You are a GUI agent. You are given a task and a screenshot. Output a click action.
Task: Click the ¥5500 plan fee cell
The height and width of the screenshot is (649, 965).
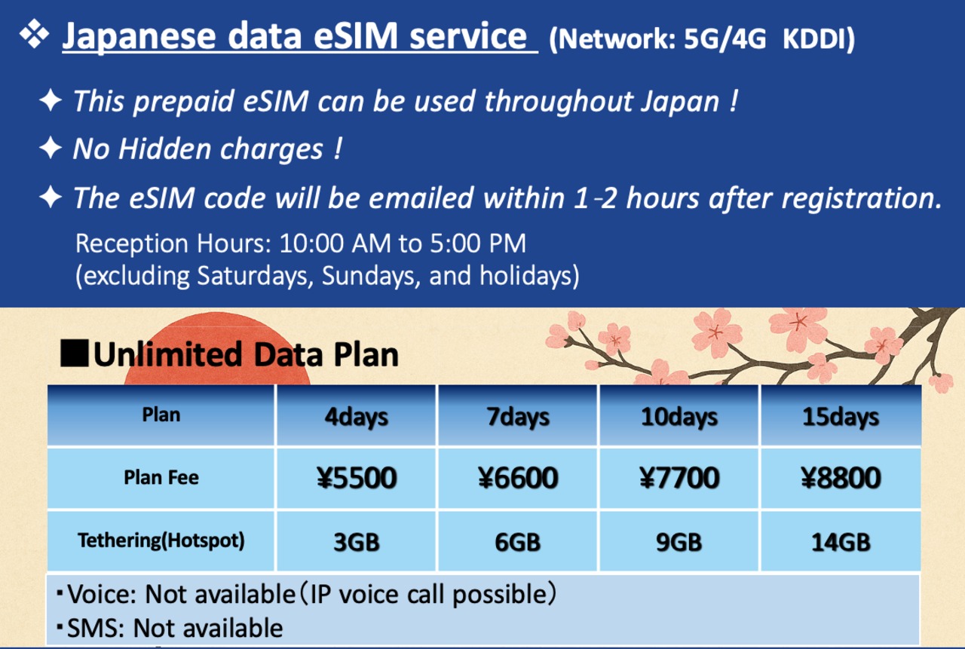pos(357,478)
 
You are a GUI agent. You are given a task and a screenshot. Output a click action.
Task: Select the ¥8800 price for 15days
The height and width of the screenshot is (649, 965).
pos(841,478)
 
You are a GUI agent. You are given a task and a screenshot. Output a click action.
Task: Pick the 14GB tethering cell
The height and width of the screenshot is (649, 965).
pos(841,542)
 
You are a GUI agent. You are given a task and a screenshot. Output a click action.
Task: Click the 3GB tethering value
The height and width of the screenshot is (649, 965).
pos(357,542)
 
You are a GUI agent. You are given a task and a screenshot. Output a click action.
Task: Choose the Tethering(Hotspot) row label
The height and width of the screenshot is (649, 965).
pos(161,540)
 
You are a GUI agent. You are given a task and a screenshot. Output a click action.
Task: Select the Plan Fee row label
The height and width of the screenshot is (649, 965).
pos(161,477)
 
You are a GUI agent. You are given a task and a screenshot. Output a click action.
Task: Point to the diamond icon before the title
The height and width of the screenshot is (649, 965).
pos(34,34)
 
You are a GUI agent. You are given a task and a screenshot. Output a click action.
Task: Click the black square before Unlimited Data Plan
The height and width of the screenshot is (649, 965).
pos(74,353)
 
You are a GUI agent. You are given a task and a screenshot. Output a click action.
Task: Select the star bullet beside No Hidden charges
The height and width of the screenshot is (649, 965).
pos(51,148)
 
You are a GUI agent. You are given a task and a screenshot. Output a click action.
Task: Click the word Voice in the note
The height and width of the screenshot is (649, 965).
pos(102,595)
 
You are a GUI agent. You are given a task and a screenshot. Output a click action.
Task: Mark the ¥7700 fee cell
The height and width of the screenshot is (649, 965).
pos(679,478)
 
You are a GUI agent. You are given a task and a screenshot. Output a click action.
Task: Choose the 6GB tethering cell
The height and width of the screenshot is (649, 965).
pos(518,542)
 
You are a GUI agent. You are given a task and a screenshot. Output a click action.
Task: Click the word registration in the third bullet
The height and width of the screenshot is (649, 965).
pos(862,198)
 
